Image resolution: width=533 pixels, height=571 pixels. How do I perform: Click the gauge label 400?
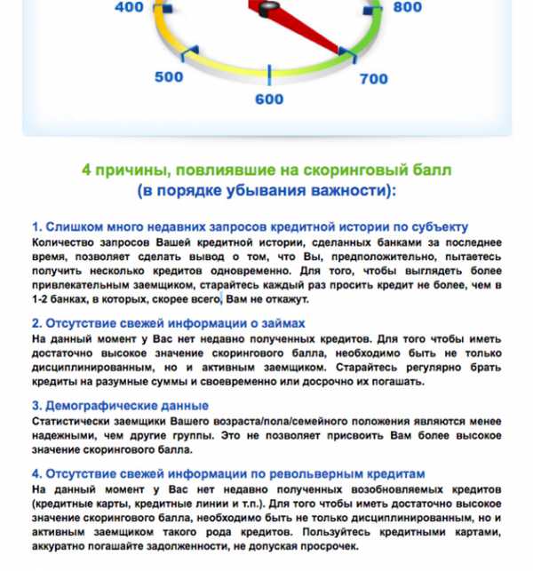point(130,8)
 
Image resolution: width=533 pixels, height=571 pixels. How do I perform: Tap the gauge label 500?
point(169,77)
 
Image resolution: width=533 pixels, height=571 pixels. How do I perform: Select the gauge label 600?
point(269,99)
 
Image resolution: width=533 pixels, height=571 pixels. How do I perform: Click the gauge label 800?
point(407,8)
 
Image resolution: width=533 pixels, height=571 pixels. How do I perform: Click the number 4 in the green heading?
point(87,170)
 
